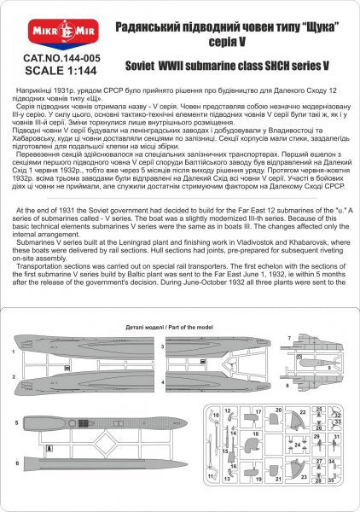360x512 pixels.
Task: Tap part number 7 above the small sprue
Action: (x=290, y=338)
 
